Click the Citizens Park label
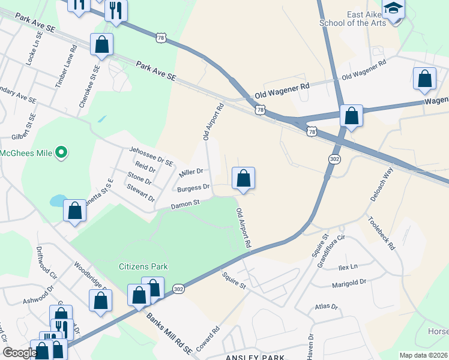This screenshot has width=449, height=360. [x=143, y=266]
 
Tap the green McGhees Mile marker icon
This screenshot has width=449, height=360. [x=61, y=153]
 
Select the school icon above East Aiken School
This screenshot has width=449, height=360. [x=393, y=9]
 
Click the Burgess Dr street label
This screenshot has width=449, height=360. [x=193, y=188]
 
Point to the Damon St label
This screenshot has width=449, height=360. [x=185, y=205]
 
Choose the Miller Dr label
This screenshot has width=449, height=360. [x=191, y=174]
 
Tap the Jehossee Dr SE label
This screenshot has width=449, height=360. [x=151, y=156]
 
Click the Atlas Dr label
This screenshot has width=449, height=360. [x=327, y=307]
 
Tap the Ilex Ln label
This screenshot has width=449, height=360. [x=348, y=266]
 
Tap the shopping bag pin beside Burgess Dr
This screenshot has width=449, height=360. [x=243, y=178]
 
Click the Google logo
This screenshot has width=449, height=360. [x=20, y=353]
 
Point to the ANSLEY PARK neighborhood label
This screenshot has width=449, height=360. [x=255, y=356]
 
